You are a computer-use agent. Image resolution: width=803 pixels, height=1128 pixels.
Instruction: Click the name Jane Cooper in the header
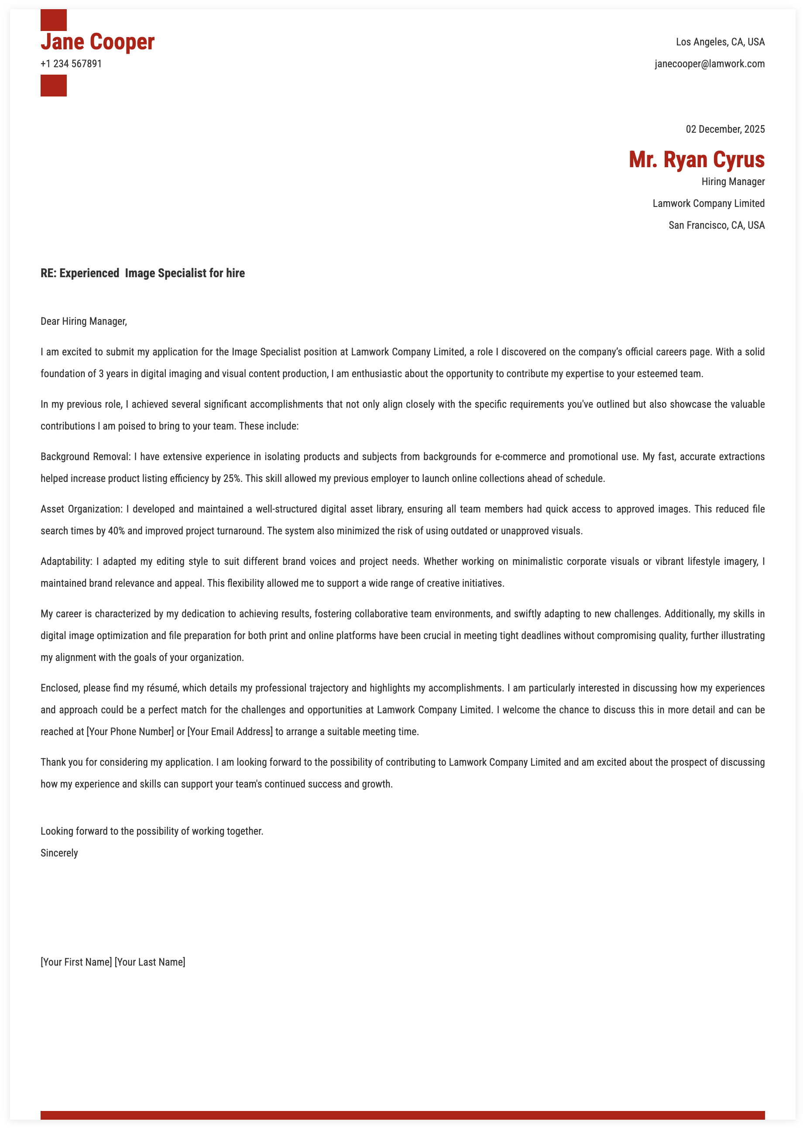(x=97, y=42)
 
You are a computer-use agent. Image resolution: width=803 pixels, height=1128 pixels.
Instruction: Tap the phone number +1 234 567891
(x=71, y=64)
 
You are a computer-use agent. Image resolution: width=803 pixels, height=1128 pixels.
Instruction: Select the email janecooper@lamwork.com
(x=710, y=64)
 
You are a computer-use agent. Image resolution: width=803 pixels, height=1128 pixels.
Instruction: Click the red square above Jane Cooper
(x=53, y=20)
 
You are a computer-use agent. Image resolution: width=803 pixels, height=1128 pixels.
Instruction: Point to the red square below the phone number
(x=53, y=86)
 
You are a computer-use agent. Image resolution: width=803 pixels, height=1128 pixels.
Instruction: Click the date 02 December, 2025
(x=725, y=130)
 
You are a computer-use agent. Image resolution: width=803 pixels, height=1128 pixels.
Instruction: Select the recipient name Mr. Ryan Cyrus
(x=696, y=160)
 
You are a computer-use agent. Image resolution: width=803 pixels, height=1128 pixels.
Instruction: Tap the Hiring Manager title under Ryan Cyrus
(x=733, y=182)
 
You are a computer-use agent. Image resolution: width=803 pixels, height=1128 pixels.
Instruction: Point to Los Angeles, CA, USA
(x=720, y=42)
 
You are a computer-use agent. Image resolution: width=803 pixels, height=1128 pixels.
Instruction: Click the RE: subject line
(x=142, y=273)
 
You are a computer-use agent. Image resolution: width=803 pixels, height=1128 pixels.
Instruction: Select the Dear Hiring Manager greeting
(x=83, y=321)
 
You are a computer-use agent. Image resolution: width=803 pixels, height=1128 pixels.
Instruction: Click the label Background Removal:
(x=86, y=457)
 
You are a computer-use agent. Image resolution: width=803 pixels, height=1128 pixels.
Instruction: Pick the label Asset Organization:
(x=81, y=509)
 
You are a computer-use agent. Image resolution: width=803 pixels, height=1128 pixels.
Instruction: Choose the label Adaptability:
(x=66, y=562)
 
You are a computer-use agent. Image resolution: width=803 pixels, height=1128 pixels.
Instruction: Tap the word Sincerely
(x=59, y=853)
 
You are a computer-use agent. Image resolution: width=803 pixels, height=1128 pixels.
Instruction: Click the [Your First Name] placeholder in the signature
(x=76, y=962)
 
